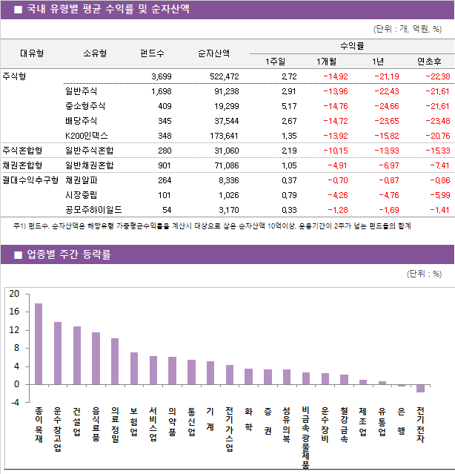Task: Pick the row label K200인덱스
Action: [87, 136]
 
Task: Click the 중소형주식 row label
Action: [85, 106]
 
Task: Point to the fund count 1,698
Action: [161, 91]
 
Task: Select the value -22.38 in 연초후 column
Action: [434, 76]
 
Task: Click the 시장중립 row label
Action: [81, 195]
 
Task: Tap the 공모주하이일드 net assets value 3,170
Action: [227, 210]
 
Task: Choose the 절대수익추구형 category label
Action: [30, 180]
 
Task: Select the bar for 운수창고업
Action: [58, 353]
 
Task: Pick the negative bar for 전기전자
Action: [420, 388]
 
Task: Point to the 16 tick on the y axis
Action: [14, 312]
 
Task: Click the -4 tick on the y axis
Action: [14, 403]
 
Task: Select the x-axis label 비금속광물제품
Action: [306, 438]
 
